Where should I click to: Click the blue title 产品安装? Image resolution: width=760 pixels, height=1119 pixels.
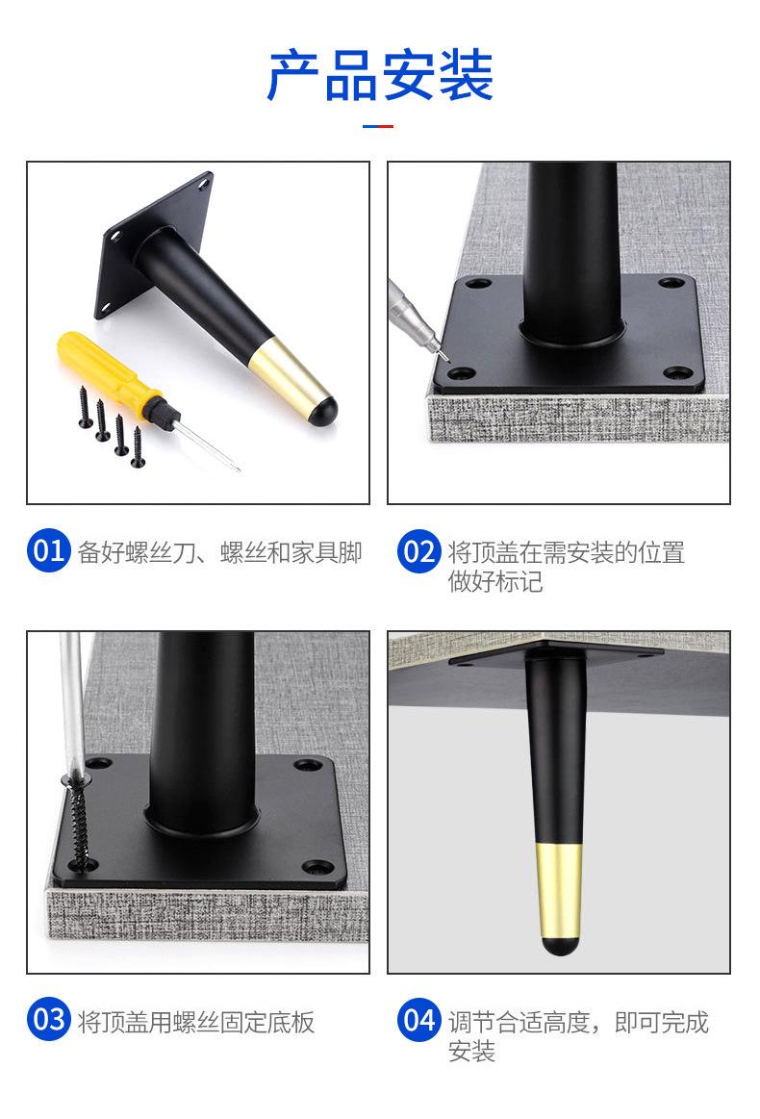(380, 75)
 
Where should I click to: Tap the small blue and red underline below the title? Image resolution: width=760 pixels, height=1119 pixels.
(377, 126)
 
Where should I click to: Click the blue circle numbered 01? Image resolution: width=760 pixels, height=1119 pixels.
(48, 550)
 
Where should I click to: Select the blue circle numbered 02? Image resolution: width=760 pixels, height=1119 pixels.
(418, 551)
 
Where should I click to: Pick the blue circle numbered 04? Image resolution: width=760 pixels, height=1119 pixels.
(418, 1020)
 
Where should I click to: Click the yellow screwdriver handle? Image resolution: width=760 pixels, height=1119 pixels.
(107, 371)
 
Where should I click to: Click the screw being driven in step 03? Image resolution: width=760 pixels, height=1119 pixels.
(79, 821)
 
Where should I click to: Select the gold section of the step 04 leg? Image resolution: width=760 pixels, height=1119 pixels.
(559, 891)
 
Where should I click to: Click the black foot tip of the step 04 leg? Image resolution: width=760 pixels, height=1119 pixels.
(559, 947)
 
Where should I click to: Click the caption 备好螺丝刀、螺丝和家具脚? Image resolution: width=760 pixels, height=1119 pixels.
(219, 552)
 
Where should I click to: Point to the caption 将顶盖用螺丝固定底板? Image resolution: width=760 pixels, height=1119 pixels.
(196, 1022)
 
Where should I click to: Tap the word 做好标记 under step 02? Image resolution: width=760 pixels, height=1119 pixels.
(495, 581)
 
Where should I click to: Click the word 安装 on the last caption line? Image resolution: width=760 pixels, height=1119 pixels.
(471, 1051)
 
